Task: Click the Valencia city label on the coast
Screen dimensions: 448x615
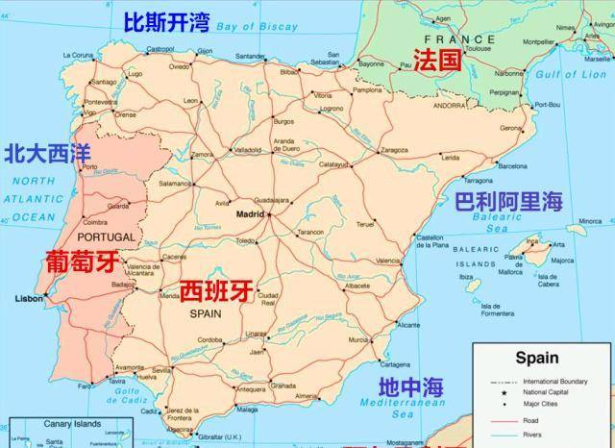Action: pos(388,261)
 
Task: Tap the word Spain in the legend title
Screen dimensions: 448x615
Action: pos(536,359)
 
